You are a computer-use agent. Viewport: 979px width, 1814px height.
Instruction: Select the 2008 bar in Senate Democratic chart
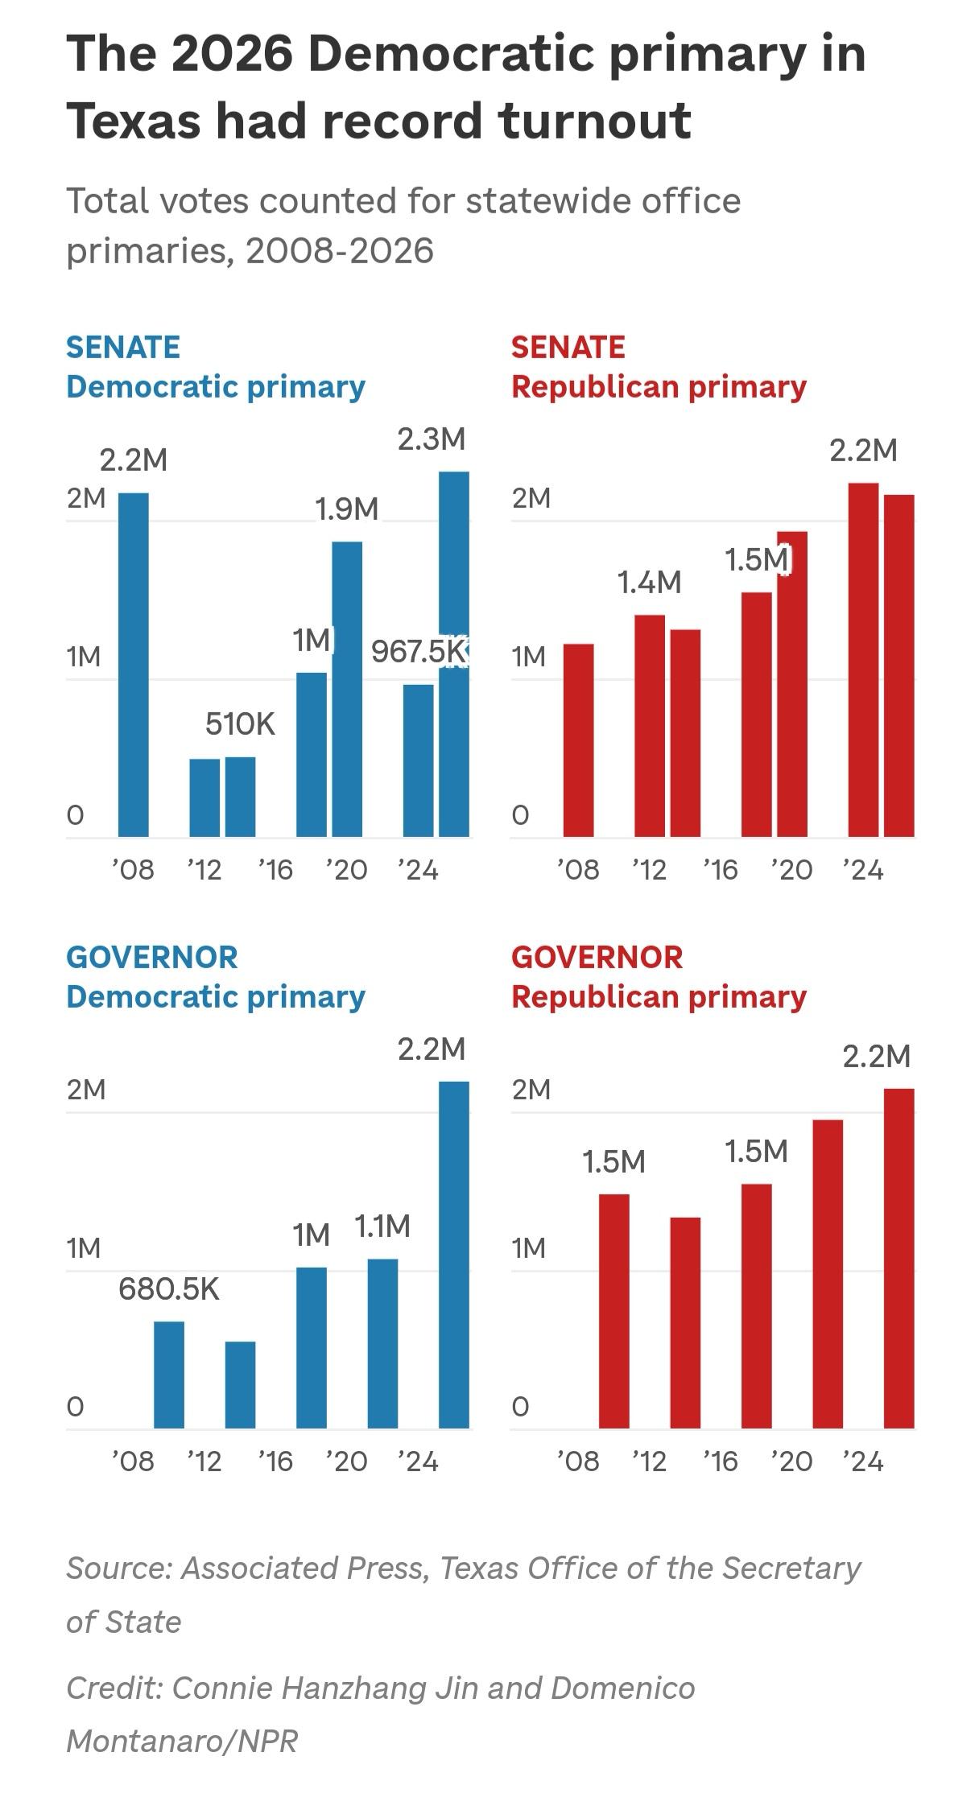coord(134,665)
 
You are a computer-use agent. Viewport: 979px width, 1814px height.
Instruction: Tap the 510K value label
coord(240,724)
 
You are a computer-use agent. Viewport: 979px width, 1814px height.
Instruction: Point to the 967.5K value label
coord(419,651)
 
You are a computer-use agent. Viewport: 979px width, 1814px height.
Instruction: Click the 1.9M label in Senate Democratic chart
coord(346,509)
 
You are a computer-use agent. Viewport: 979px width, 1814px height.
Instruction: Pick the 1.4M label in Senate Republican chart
coord(649,582)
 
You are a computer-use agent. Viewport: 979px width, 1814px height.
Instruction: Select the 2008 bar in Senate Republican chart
coord(578,740)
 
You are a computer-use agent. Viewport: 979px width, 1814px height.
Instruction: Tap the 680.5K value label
coord(168,1289)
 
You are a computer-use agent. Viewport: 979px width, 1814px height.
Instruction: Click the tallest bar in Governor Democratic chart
coord(453,1255)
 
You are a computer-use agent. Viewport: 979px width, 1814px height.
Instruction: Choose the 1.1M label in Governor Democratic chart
coord(382,1226)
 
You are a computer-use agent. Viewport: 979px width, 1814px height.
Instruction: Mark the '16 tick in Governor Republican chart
coord(720,1461)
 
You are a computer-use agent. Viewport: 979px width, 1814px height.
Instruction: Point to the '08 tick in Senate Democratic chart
coord(133,870)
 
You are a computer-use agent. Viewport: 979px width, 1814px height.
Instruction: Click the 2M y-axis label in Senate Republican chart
coord(531,498)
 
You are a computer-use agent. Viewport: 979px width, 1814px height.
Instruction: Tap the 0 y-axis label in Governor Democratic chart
coord(75,1406)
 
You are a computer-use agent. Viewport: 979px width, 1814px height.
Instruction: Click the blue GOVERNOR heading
coord(152,958)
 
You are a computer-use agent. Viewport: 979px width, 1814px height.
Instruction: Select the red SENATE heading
coord(568,348)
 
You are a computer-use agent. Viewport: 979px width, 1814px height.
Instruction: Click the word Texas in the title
coord(133,122)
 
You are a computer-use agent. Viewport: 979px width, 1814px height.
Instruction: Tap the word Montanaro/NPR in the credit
coord(182,1740)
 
